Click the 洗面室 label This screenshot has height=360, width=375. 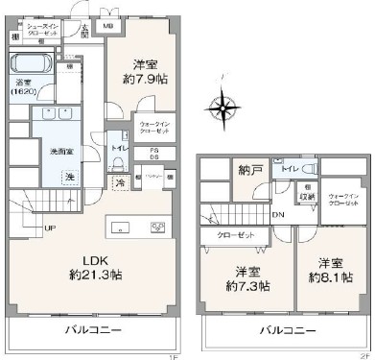(x=51, y=150)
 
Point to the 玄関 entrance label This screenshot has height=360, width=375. (x=84, y=30)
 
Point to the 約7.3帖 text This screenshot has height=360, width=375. (x=247, y=286)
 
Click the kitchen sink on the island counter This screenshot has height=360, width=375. (x=122, y=228)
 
